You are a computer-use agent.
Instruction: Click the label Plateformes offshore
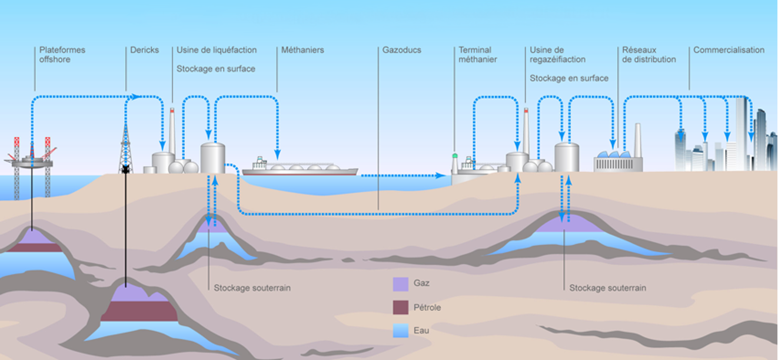(x=62, y=55)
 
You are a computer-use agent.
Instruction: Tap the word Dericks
(x=145, y=50)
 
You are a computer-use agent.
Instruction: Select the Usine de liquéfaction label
(x=217, y=50)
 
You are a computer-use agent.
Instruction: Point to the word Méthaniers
(x=302, y=50)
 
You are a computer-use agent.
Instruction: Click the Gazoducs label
(x=401, y=50)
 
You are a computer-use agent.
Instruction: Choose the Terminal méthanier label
(x=477, y=55)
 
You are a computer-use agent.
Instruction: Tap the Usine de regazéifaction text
(x=557, y=55)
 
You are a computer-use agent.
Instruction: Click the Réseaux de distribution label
(x=649, y=55)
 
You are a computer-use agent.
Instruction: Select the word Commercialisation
(x=729, y=50)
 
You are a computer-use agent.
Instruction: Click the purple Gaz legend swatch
(x=400, y=284)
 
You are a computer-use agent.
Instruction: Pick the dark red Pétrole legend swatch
(x=400, y=307)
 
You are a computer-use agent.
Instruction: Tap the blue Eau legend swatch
(x=400, y=331)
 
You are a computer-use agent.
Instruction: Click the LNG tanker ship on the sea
(x=300, y=167)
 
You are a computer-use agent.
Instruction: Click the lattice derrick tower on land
(x=125, y=149)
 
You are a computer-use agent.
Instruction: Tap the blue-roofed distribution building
(x=618, y=161)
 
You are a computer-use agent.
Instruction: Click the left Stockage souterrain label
(x=252, y=288)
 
